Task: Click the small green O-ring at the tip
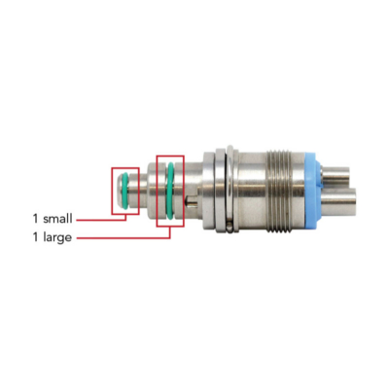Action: coord(124,190)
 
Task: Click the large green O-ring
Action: coord(170,191)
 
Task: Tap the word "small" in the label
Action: coord(57,219)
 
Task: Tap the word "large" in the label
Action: coord(57,238)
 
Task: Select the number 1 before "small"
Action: coord(35,219)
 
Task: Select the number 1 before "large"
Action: coord(35,237)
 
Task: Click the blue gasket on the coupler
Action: coord(313,191)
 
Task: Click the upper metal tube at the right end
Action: coord(336,176)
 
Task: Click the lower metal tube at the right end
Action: coord(338,202)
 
